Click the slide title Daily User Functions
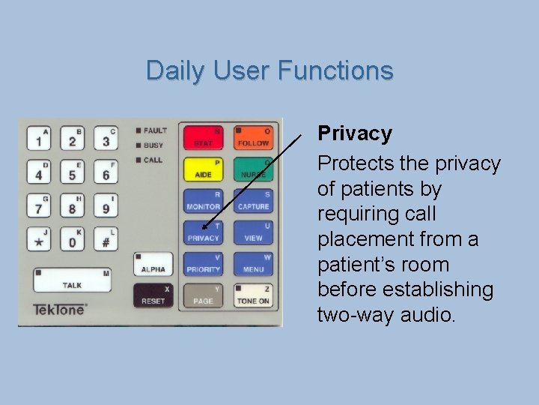pos(269,70)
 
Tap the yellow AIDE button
pos(203,169)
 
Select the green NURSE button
pos(253,169)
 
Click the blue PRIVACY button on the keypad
pos(203,232)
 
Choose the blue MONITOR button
pos(203,201)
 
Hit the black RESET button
pos(153,295)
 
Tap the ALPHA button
pos(153,264)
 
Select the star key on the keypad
pos(38,240)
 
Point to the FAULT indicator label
pos(155,130)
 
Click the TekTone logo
pos(60,309)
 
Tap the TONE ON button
pos(253,295)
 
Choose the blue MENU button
pos(253,264)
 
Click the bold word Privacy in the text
pos(355,133)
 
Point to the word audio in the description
pos(423,315)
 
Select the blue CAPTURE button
pos(253,201)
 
